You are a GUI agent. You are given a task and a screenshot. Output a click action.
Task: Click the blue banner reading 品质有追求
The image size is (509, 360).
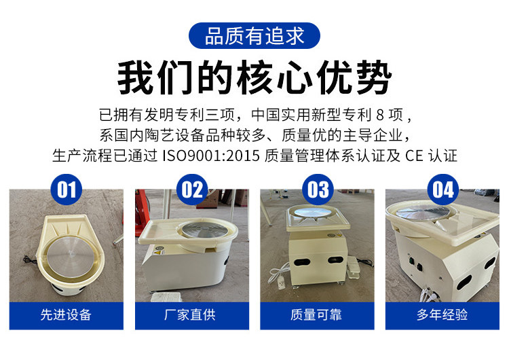(254, 36)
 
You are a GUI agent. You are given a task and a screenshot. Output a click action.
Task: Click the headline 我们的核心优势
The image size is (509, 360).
(254, 77)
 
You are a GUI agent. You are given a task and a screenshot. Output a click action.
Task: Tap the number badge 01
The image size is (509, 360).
(67, 190)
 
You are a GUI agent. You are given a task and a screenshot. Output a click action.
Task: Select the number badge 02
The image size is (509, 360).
(192, 190)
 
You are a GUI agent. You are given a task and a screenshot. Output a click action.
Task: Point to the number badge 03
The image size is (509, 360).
(318, 190)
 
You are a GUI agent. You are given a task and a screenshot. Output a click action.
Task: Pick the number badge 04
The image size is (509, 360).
(443, 190)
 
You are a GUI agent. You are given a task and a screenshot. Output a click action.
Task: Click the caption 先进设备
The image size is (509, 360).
(66, 315)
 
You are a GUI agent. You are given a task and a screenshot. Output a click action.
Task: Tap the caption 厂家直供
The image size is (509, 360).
(190, 315)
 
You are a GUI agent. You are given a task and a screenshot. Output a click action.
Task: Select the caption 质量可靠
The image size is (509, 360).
(316, 315)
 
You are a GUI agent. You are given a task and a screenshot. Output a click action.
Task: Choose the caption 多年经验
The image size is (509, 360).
(442, 315)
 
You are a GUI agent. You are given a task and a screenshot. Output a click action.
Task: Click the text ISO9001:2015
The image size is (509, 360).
(211, 156)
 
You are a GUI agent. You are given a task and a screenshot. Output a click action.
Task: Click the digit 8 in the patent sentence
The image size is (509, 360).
(380, 115)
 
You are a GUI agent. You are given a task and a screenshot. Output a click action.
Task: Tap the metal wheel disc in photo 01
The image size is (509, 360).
(70, 257)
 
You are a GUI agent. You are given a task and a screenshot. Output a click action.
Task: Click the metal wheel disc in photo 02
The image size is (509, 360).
(204, 230)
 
